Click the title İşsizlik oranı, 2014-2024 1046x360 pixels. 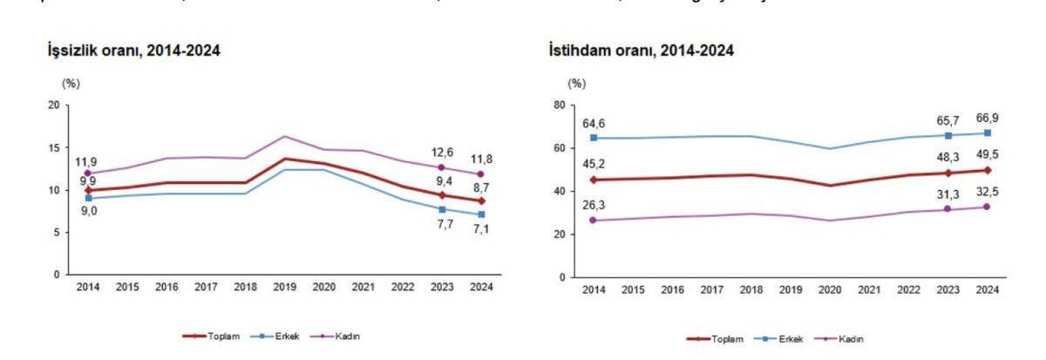pyautogui.click(x=133, y=51)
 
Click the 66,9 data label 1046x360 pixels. pyautogui.click(x=985, y=118)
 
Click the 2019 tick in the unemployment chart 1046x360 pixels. pyautogui.click(x=286, y=287)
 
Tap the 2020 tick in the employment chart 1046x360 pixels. pyautogui.click(x=833, y=289)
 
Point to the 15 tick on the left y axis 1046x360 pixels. pyautogui.click(x=54, y=147)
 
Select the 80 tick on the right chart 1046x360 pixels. pyautogui.click(x=560, y=105)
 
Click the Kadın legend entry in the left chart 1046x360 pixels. pyautogui.click(x=345, y=336)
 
